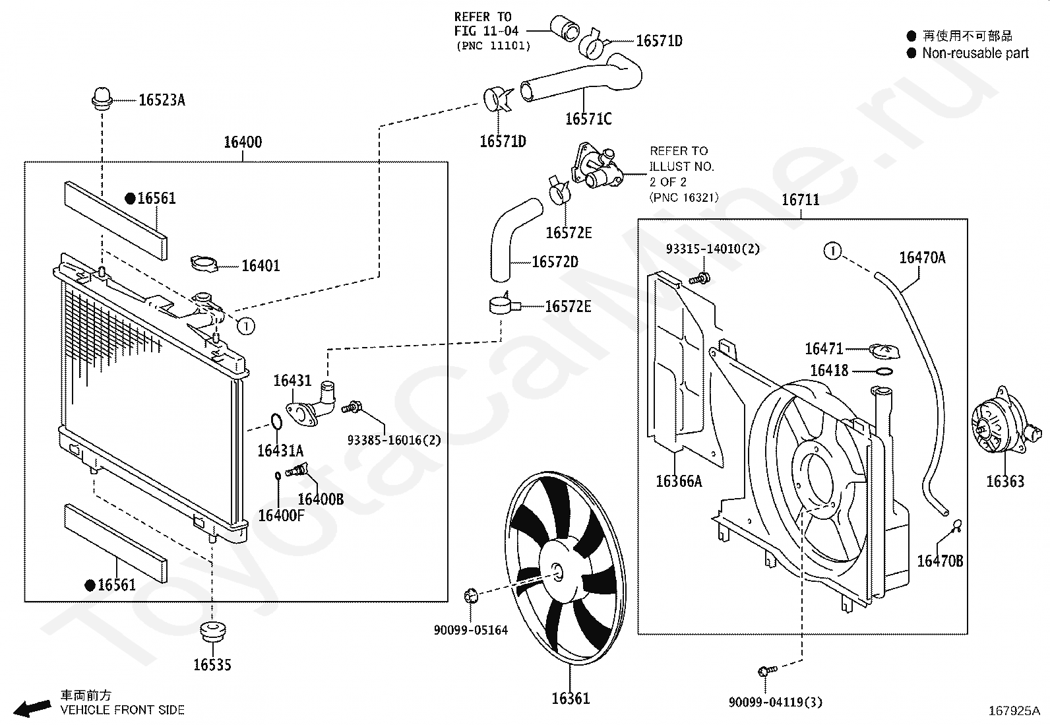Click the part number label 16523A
pyautogui.click(x=162, y=100)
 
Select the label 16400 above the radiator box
pyautogui.click(x=243, y=142)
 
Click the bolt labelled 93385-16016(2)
pyautogui.click(x=351, y=407)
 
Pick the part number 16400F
pyautogui.click(x=281, y=516)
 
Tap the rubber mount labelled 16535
pyautogui.click(x=213, y=631)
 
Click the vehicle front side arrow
pyautogui.click(x=32, y=707)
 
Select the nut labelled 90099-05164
pyautogui.click(x=471, y=596)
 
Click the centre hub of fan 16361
pyautogui.click(x=558, y=573)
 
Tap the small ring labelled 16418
pyautogui.click(x=884, y=371)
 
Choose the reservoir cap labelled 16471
pyautogui.click(x=884, y=351)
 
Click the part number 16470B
pyautogui.click(x=940, y=561)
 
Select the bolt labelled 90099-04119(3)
pyautogui.click(x=767, y=671)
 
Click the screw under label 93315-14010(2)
pyautogui.click(x=700, y=279)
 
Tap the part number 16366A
pyautogui.click(x=679, y=481)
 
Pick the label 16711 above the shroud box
pyautogui.click(x=801, y=201)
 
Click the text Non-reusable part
pyautogui.click(x=975, y=53)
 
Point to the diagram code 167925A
pyautogui.click(x=1014, y=711)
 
